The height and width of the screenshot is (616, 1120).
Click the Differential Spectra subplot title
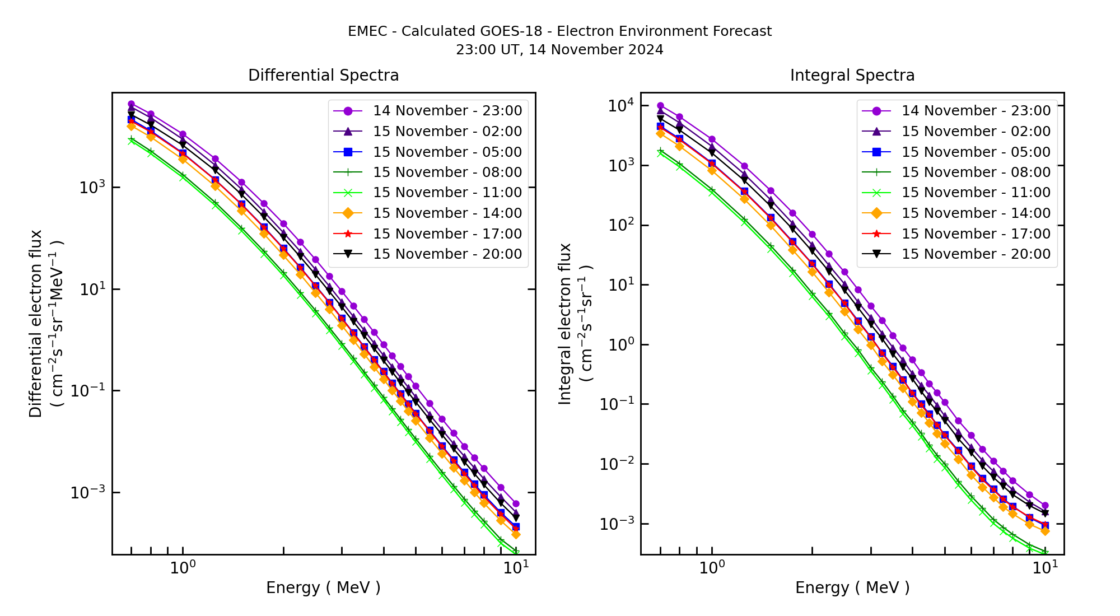click(323, 75)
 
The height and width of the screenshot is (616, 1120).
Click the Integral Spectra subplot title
click(852, 75)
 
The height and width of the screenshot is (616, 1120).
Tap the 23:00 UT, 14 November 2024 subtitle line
click(559, 50)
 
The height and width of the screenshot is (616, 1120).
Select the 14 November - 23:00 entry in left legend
click(447, 111)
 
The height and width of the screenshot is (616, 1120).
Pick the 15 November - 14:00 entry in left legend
click(447, 213)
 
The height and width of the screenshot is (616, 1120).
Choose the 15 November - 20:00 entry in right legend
click(976, 254)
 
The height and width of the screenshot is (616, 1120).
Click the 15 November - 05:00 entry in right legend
click(976, 152)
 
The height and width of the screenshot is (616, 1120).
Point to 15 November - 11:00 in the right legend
click(976, 193)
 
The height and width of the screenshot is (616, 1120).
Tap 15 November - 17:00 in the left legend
click(447, 234)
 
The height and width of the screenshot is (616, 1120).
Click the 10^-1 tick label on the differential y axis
click(88, 390)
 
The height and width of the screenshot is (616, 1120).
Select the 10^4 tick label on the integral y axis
click(621, 106)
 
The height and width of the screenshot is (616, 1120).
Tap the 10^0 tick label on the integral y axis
click(621, 344)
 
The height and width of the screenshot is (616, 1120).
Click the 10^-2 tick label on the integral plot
click(617, 464)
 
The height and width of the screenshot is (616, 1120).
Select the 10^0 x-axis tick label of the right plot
click(712, 568)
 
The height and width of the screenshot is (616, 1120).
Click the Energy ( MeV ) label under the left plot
click(323, 587)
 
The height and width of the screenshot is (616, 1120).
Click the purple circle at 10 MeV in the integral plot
click(1045, 506)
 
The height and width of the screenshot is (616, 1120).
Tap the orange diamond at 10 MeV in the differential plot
click(516, 535)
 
